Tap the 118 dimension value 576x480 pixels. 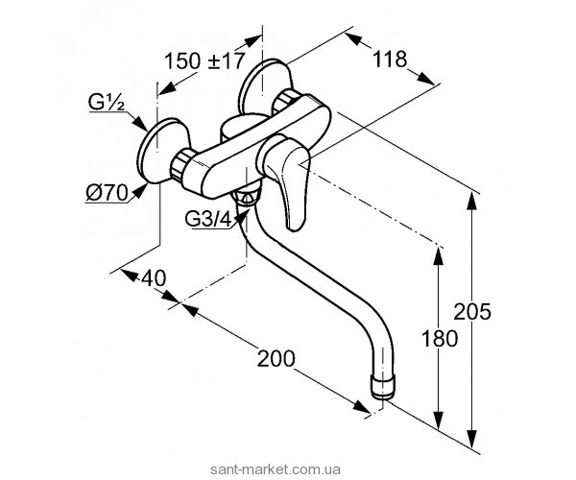(390, 59)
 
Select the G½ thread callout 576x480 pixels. (107, 103)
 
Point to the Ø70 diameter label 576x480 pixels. (107, 192)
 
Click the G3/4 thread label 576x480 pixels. (208, 220)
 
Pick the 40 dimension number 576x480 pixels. (153, 278)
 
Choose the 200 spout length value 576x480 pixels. (276, 358)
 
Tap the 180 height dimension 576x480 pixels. (440, 338)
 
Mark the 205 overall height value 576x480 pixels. (472, 311)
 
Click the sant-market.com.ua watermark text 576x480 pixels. (275, 469)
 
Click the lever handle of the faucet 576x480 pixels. (287, 180)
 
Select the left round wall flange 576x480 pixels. (161, 150)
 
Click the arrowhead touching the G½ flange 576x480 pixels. (141, 123)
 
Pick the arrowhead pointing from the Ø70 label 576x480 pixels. (138, 191)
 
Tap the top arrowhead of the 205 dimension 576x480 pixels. (472, 202)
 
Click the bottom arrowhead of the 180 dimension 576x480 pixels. (439, 420)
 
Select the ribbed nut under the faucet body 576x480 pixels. (247, 197)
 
